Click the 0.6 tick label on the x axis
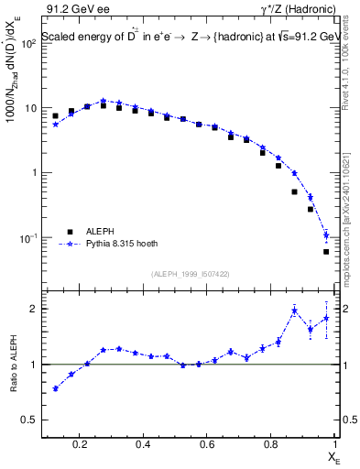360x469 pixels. click(x=208, y=446)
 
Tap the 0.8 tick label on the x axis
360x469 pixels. click(x=271, y=446)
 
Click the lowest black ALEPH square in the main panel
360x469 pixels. click(x=326, y=251)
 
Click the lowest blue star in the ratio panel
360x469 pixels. click(x=56, y=388)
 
